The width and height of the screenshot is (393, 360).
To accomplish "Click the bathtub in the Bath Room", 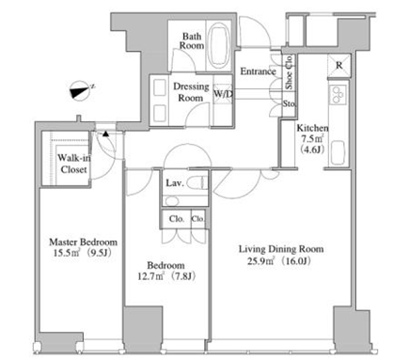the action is click(x=218, y=46).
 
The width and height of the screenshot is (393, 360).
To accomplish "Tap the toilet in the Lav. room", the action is click(x=197, y=182).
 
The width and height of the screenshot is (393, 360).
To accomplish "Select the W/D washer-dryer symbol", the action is click(x=223, y=93).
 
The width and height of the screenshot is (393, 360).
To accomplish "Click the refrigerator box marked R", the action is click(x=338, y=66).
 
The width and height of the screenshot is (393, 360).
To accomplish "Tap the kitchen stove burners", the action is click(x=338, y=94).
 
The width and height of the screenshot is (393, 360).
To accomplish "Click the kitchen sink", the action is click(x=338, y=152).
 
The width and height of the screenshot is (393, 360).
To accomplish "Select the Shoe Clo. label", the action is click(x=289, y=72).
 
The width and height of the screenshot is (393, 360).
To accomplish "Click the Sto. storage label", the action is click(x=289, y=103).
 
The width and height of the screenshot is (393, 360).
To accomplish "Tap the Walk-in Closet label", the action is click(x=73, y=164).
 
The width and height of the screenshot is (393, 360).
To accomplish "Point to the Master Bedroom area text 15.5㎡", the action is click(x=67, y=253).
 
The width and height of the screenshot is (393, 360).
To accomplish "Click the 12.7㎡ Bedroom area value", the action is click(x=151, y=276).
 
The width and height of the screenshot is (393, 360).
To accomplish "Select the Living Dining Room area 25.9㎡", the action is click(x=260, y=260).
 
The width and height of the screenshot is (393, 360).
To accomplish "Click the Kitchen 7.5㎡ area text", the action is click(x=312, y=138).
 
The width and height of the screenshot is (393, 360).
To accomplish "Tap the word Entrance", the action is click(x=258, y=71).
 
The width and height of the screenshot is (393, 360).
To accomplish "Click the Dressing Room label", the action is click(x=191, y=92).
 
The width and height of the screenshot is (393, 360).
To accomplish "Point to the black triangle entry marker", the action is click(x=106, y=134).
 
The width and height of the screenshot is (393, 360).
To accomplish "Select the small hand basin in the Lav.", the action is click(x=172, y=201).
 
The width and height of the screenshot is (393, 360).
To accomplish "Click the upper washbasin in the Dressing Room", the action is click(x=160, y=86).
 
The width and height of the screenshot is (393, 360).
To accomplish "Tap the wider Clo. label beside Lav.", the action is click(x=177, y=219).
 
